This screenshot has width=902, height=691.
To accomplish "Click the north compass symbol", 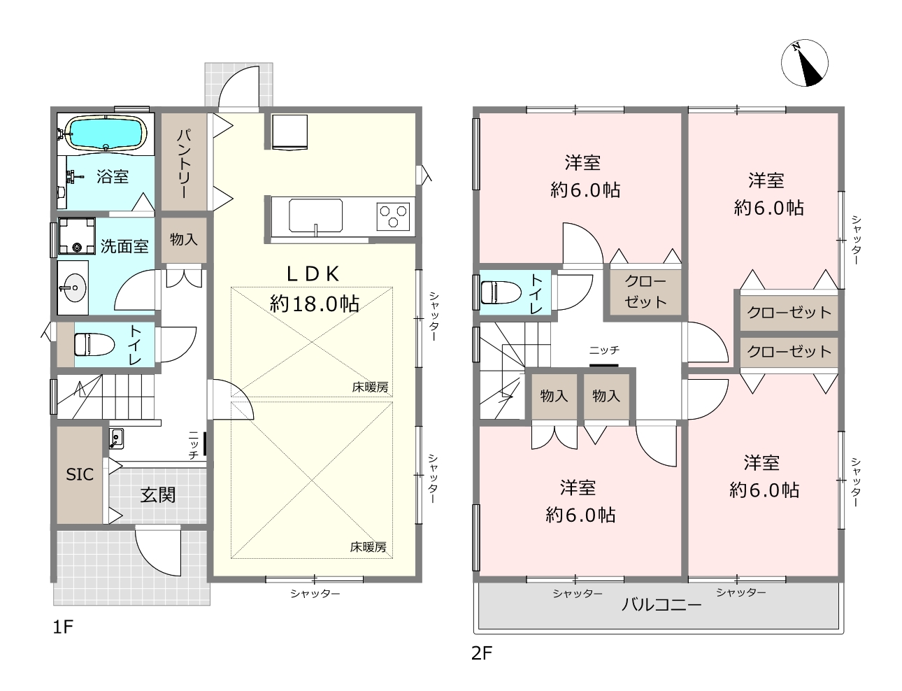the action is coord(804,63).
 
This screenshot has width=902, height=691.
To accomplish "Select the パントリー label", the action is coord(184,163).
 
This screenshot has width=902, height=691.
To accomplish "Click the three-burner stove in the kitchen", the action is coord(393,216).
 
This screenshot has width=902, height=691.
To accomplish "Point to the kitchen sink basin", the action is coord(315,215).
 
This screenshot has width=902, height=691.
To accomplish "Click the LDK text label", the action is coord(313,274).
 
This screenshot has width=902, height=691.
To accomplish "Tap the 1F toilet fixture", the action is coord(94,345).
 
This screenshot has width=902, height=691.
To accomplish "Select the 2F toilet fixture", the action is coord(500,292).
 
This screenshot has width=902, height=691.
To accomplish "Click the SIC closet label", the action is coord(80,474).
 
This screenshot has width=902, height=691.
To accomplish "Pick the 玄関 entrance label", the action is coord(158,494).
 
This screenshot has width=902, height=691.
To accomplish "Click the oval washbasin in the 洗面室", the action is coord(73,287).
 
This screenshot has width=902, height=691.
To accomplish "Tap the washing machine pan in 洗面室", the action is coord(76,236).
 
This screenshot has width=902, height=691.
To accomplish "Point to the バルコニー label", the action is coord(661,605).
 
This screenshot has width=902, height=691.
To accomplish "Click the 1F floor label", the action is coord(63,627).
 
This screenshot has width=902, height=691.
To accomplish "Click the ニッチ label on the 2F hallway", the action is coord(604,350).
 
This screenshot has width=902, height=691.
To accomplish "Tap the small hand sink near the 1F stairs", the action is coord(116,439).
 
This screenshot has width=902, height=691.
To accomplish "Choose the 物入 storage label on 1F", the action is coord(183,239).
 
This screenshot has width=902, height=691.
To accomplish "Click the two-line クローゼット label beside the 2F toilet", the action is coord(645,292).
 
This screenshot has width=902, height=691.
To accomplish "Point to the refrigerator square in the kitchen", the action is coord(289,132).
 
